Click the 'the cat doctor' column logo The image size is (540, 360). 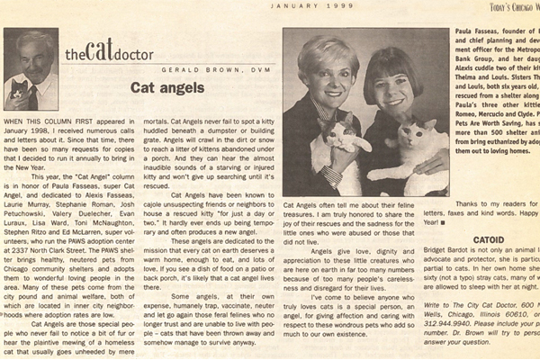(x=100, y=53)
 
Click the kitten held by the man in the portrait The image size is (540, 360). (x=19, y=89)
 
